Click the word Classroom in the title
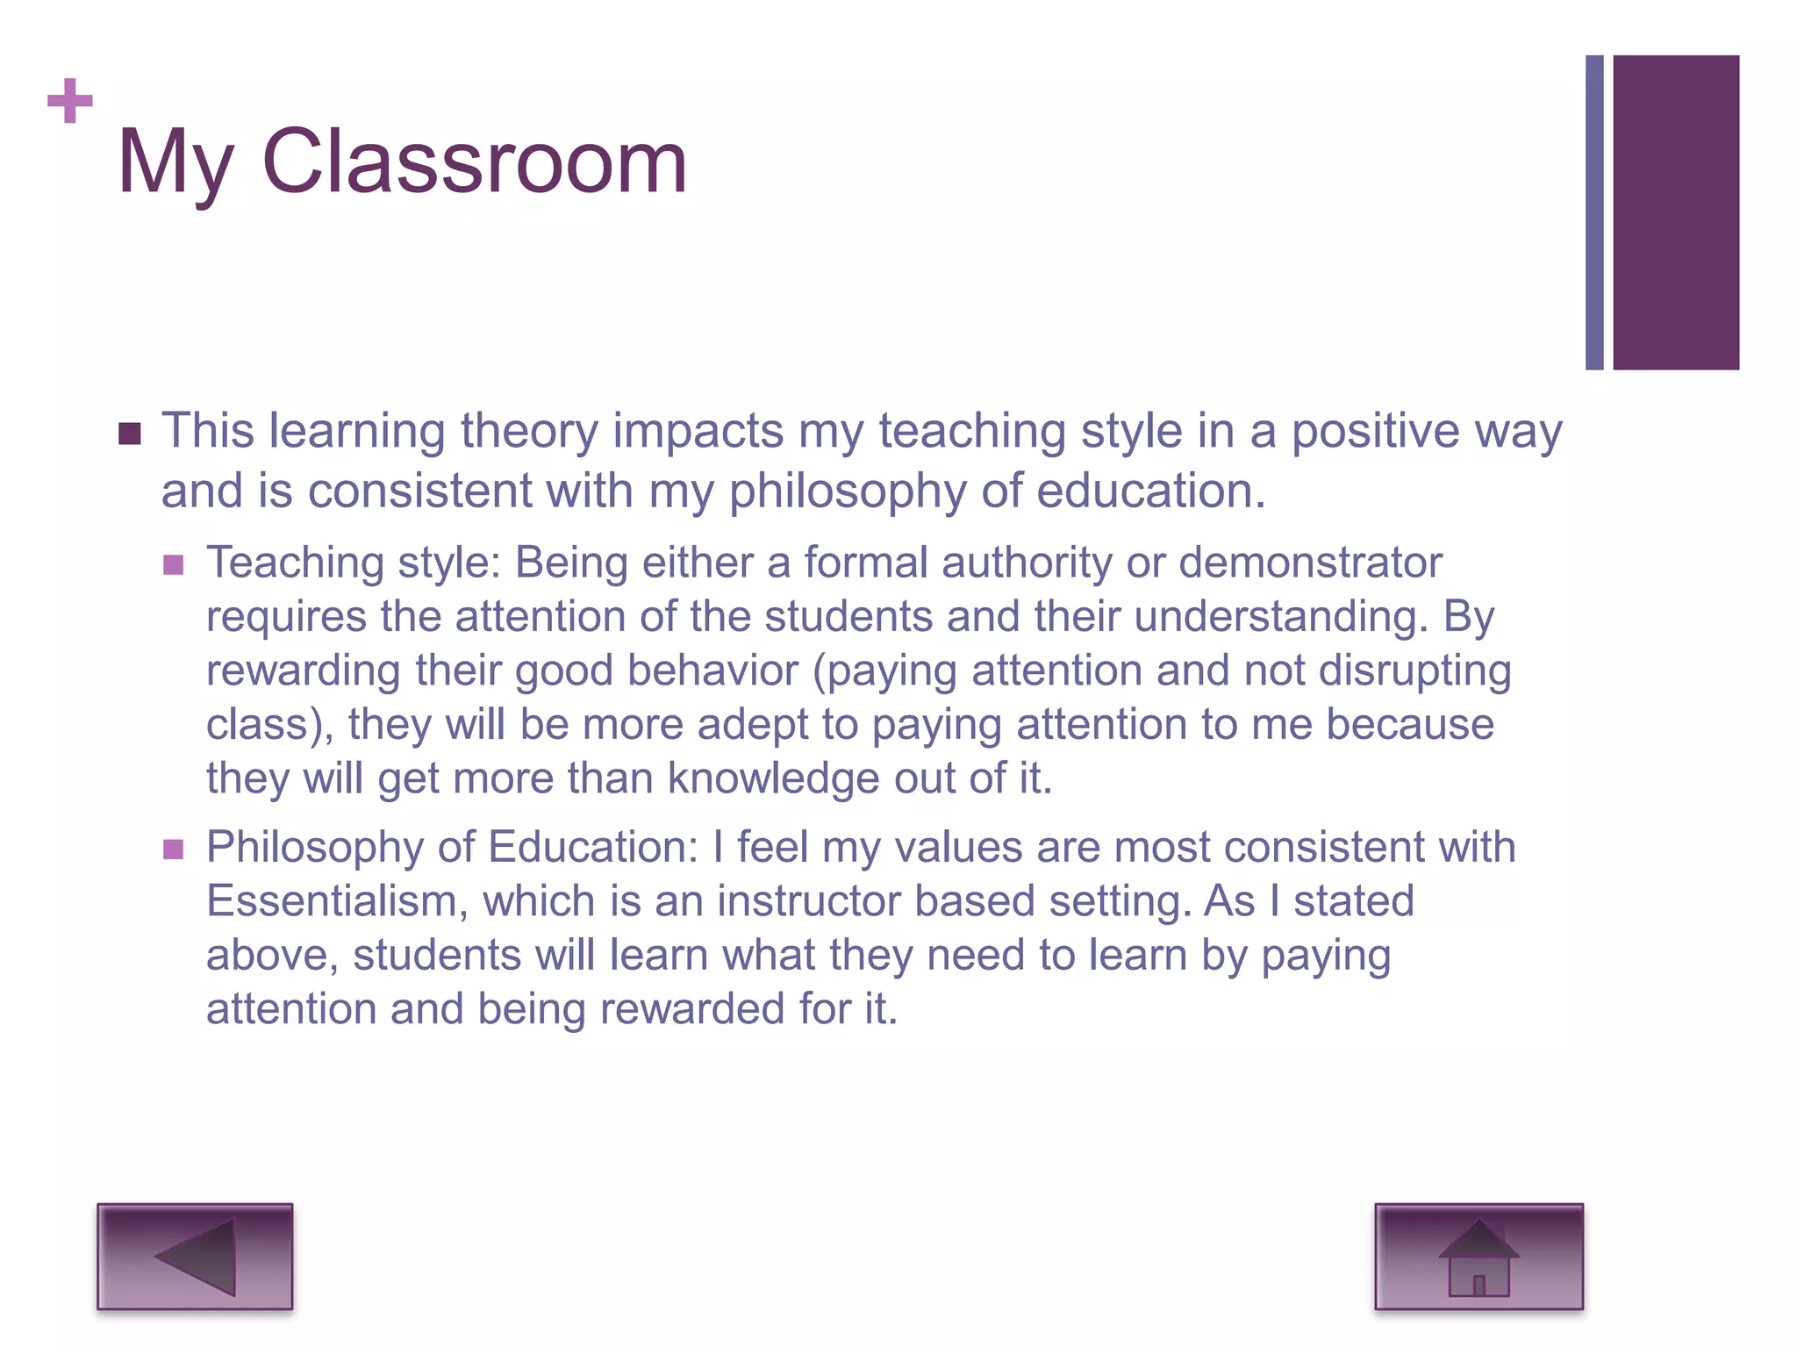tap(474, 162)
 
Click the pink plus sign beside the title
tap(70, 101)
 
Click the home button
tap(1478, 1257)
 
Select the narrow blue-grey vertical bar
tap(1594, 212)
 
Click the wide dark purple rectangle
tap(1676, 212)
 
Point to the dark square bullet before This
tap(130, 434)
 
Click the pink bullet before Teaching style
tap(174, 564)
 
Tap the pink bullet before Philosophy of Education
tap(174, 849)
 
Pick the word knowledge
tap(773, 778)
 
